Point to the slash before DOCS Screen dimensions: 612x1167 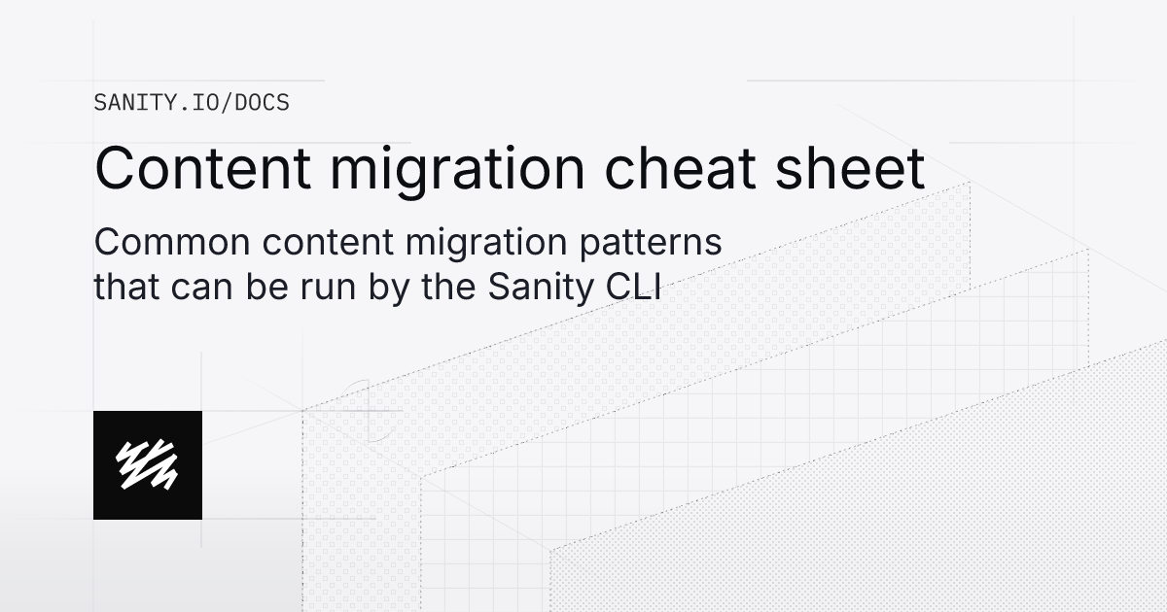(227, 102)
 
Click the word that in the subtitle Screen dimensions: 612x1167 (122, 288)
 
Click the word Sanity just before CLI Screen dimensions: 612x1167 (524, 289)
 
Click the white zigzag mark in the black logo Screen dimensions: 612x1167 (148, 464)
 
